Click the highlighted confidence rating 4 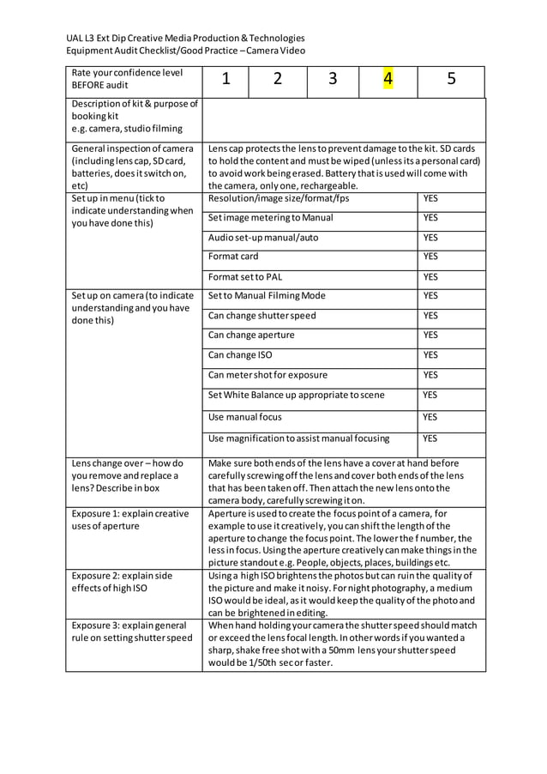[388, 80]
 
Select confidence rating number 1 [225, 80]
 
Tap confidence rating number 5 [451, 80]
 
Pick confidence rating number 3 [332, 80]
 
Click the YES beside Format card [430, 257]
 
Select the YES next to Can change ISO [430, 354]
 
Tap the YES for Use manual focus [430, 416]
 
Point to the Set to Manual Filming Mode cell [267, 295]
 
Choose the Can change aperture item [251, 335]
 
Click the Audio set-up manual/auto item [263, 237]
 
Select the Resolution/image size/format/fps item [279, 198]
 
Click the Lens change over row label [126, 475]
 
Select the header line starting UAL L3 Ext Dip [186, 38]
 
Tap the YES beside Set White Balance [430, 395]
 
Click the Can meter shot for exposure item [267, 375]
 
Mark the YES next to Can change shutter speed [430, 315]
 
